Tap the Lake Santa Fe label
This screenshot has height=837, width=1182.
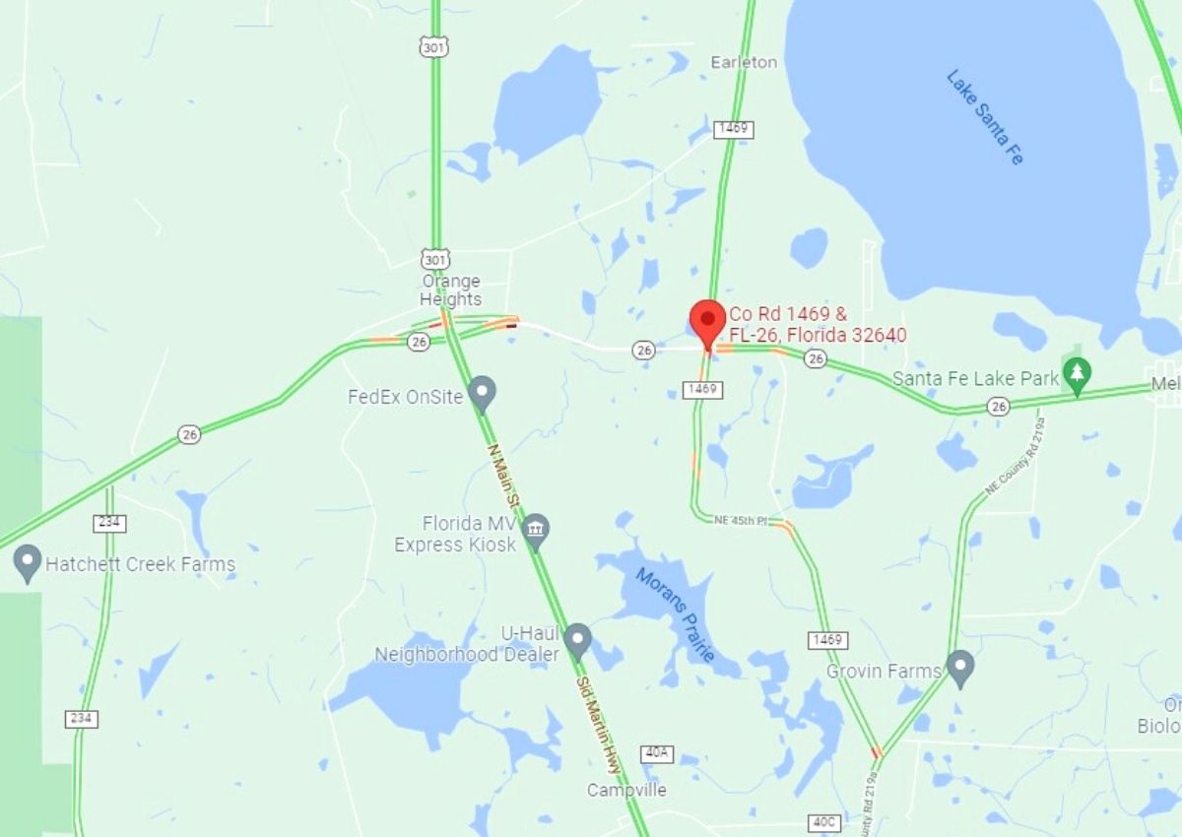(x=985, y=116)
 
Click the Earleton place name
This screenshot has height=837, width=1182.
(x=744, y=62)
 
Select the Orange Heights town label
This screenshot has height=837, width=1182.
(x=451, y=290)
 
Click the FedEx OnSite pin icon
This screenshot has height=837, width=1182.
(x=482, y=393)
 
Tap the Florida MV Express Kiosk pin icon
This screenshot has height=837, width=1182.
(x=535, y=532)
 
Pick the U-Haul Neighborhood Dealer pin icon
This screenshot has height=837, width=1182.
(x=577, y=641)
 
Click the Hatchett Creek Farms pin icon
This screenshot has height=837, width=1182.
(x=28, y=563)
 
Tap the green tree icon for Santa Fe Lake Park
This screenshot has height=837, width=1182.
(x=1079, y=375)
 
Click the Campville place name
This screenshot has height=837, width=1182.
(x=626, y=790)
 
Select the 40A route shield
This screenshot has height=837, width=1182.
(x=656, y=753)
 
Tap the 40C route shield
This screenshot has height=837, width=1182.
(x=823, y=820)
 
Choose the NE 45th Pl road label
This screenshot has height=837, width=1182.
(x=741, y=520)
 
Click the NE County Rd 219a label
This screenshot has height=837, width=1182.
(x=1016, y=454)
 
